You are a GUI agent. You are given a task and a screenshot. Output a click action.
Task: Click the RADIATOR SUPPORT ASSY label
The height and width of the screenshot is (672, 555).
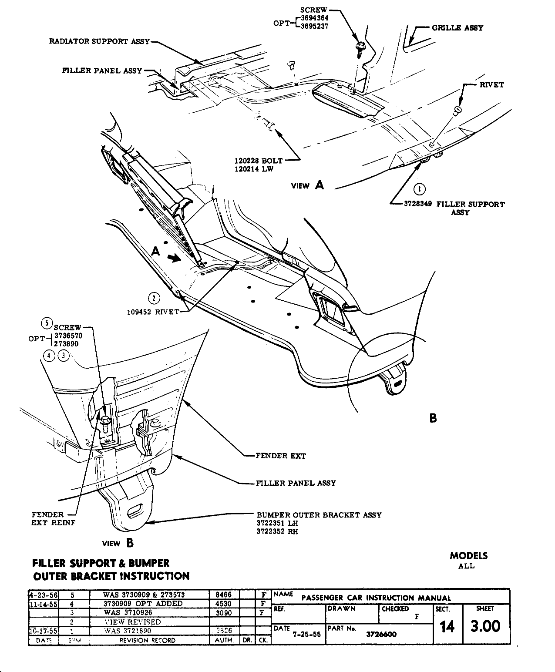pos(99,41)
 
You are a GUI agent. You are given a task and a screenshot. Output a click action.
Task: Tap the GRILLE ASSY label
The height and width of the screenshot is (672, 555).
pos(457,28)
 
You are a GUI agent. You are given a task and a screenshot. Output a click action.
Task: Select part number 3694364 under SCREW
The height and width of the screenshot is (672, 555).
pos(314,18)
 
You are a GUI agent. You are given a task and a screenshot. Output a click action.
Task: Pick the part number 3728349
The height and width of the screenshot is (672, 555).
pos(418,204)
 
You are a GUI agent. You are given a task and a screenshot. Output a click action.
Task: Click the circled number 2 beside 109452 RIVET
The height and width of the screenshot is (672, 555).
pos(154,298)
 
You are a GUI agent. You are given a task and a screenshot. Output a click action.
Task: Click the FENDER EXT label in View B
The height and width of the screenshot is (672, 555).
pos(280,456)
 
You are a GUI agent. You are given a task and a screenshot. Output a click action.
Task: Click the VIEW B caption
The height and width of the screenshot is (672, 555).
pos(117,543)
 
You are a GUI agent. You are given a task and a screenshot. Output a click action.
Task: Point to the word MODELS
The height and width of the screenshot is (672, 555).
pos(468,556)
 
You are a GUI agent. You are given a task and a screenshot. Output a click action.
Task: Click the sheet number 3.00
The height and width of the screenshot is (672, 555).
pos(486,626)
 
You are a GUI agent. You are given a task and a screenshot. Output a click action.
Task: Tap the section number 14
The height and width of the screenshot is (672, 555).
pos(447,627)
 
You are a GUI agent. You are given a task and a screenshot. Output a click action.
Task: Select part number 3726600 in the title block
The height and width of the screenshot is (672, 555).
pos(382,634)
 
